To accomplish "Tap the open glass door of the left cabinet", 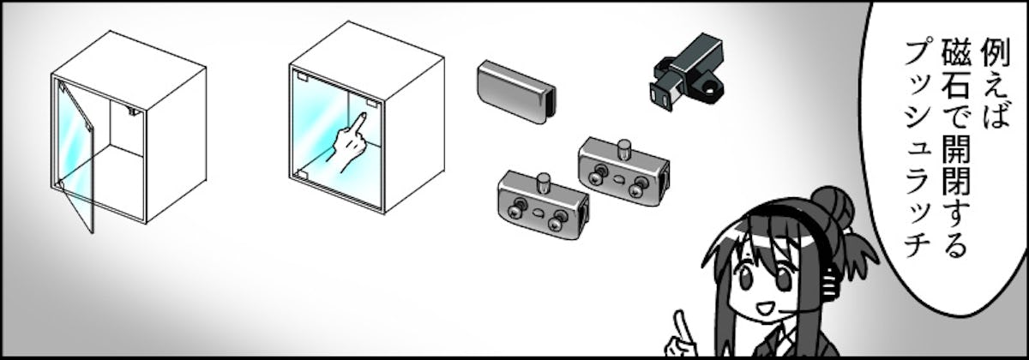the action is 75,156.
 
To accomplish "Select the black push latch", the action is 687,72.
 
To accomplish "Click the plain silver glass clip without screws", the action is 516,92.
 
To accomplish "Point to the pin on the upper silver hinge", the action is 623,149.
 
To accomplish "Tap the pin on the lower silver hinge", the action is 545,183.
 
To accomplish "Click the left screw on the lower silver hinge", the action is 514,211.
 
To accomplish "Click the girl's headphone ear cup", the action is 831,281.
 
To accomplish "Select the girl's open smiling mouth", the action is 764,309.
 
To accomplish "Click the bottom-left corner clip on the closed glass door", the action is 301,175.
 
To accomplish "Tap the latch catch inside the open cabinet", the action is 134,111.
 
